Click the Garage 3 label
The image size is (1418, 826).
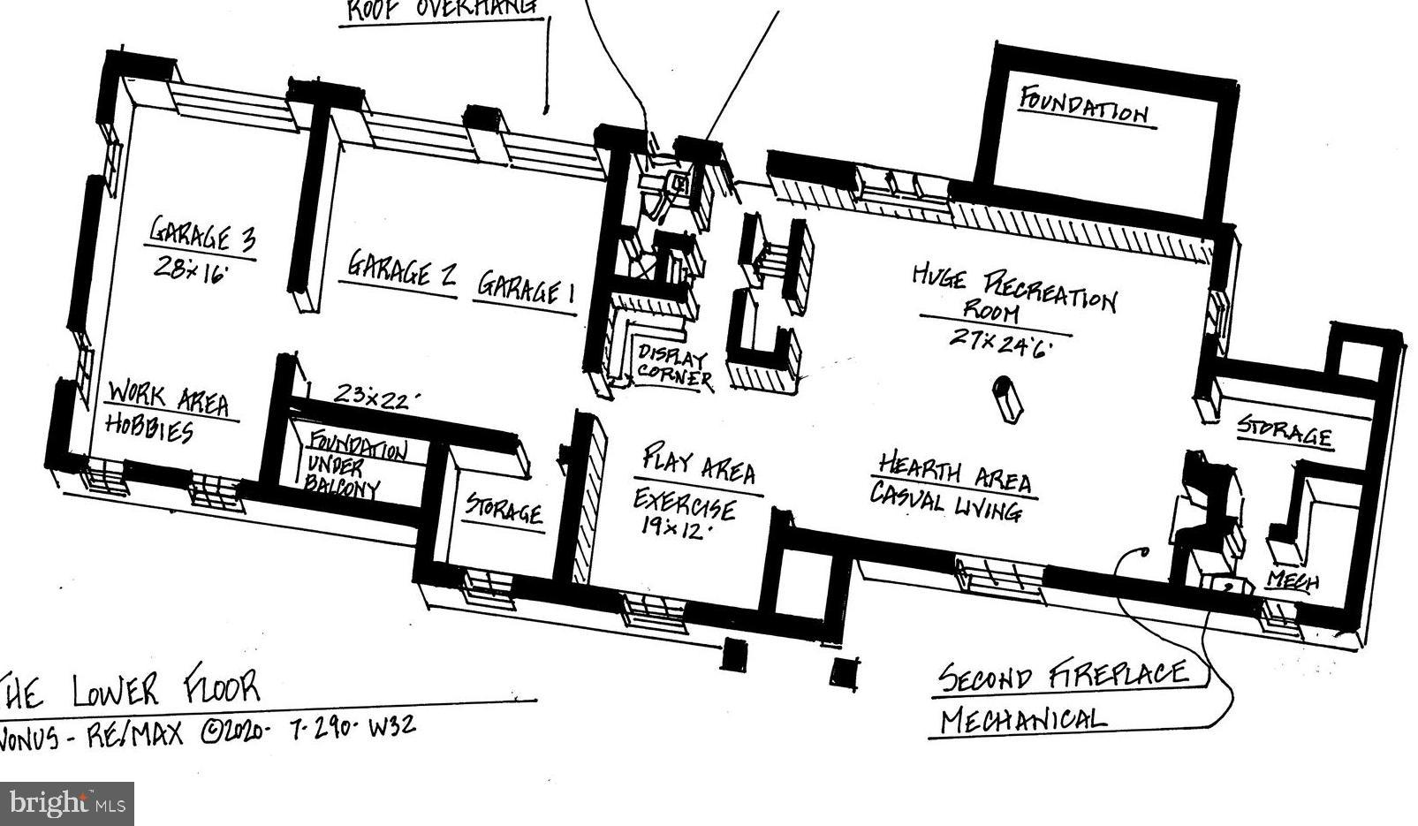[x=202, y=234]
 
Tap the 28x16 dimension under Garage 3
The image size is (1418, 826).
[x=191, y=269]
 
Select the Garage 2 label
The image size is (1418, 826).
[x=401, y=269]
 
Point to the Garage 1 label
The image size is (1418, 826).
[x=526, y=288]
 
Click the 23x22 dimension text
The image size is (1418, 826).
[x=370, y=396]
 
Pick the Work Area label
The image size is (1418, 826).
[x=168, y=399]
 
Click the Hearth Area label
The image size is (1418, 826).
[x=954, y=474]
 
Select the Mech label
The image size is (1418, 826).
[x=1292, y=580]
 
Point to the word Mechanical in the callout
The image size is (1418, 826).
[x=1021, y=720]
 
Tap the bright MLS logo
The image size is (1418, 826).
[x=67, y=804]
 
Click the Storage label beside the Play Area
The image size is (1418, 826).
[x=504, y=510]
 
